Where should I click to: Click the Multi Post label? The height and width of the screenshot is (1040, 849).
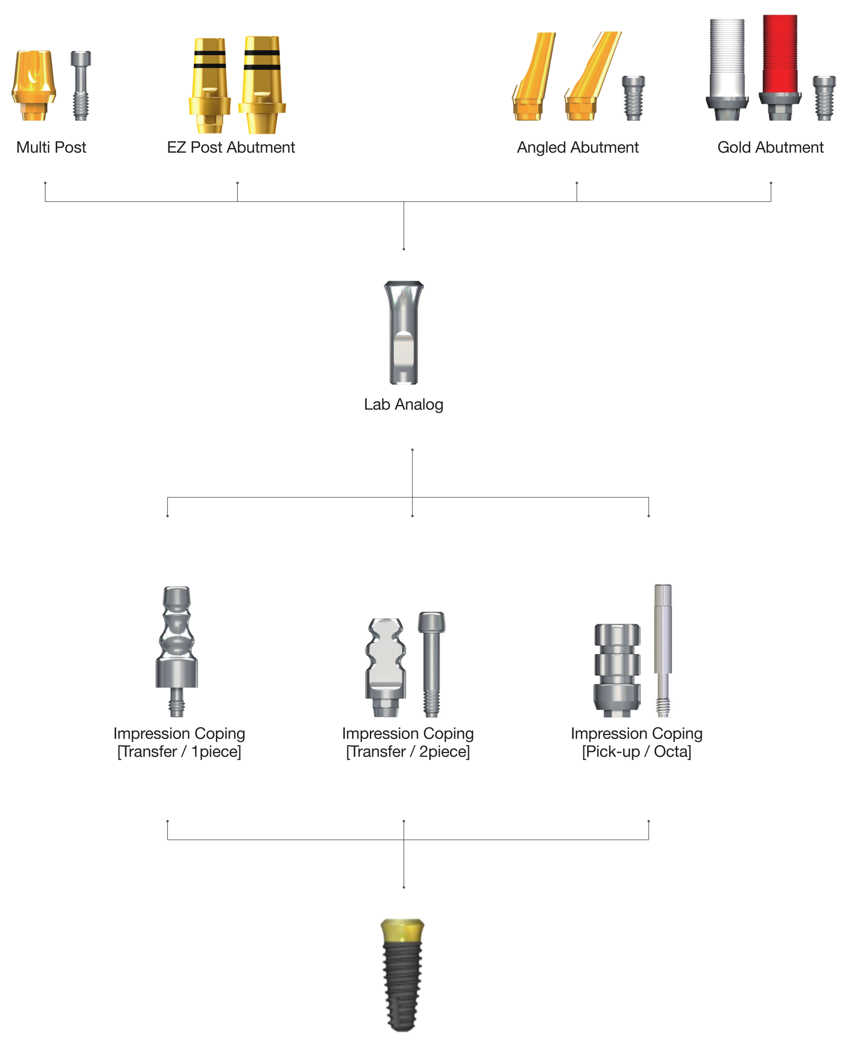[51, 147]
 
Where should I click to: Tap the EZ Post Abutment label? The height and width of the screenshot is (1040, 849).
[231, 147]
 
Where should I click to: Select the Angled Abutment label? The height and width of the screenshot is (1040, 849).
[578, 147]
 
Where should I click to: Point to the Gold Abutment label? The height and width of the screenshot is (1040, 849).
[770, 147]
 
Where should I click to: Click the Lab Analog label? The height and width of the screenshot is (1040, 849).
[403, 404]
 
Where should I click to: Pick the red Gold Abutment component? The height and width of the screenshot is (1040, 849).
[780, 68]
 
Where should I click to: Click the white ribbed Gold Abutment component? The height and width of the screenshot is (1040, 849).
[727, 70]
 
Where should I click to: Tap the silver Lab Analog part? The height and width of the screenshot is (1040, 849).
[403, 332]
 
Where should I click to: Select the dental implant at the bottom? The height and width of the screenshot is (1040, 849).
[402, 975]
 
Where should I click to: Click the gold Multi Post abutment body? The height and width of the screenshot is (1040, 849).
[34, 85]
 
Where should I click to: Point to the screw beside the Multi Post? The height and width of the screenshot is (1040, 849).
[81, 85]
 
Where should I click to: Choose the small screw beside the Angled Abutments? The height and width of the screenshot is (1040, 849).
[633, 98]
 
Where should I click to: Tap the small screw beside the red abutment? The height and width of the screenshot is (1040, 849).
[824, 98]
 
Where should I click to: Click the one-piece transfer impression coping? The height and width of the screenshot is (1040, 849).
[177, 652]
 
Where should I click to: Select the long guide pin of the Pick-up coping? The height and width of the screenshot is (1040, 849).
[663, 651]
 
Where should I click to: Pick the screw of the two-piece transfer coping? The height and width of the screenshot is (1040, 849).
[431, 664]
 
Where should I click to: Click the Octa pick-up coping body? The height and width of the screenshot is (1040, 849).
[617, 670]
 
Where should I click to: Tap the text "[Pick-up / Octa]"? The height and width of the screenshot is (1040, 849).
[636, 751]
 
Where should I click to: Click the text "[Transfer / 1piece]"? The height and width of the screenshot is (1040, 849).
[179, 751]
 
